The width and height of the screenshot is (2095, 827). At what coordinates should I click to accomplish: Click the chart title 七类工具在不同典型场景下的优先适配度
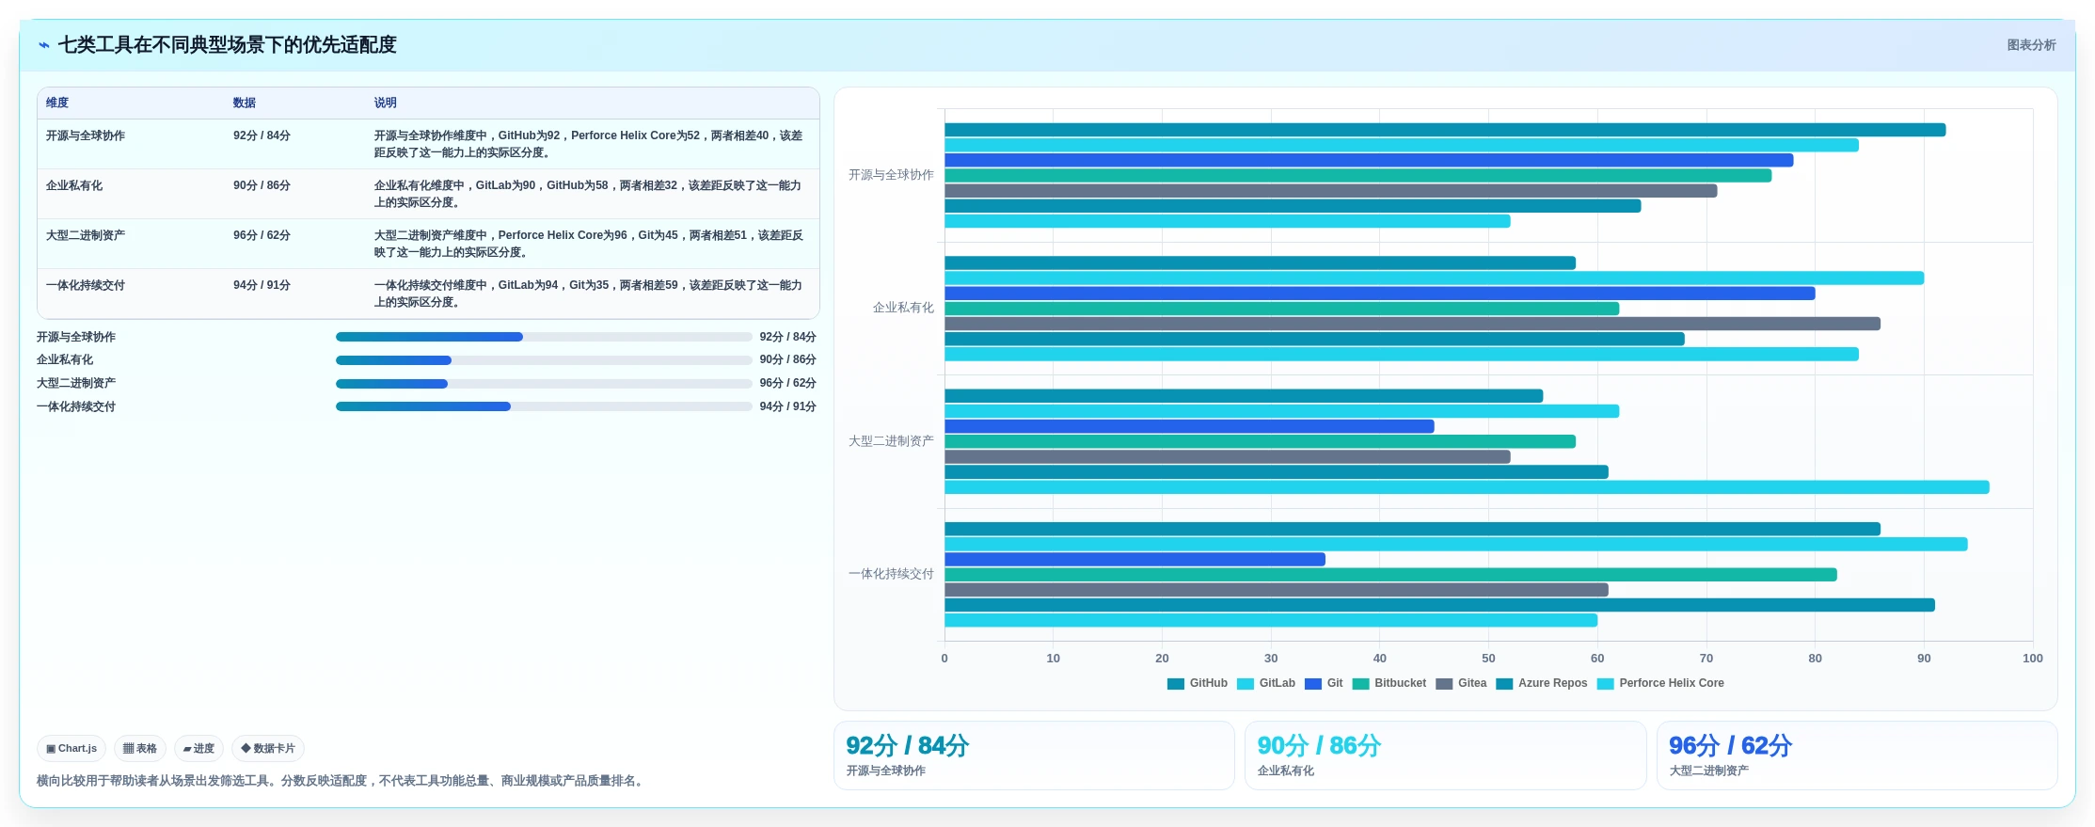227,45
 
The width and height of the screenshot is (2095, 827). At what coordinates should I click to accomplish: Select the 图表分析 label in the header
2031,45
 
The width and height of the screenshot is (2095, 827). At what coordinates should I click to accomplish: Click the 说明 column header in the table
385,103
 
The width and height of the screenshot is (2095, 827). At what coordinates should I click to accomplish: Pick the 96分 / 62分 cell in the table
262,235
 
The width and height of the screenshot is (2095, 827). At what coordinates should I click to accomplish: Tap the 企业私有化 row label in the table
74,185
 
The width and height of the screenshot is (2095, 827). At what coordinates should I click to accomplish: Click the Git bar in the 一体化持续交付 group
1135,560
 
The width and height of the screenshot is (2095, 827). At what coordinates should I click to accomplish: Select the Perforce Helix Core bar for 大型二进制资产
1467,487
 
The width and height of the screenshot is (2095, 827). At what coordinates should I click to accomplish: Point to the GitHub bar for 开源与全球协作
1445,130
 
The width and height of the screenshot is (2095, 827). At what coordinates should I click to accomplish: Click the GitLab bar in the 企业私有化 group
1434,278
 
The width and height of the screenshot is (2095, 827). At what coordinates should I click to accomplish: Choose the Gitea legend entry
1461,683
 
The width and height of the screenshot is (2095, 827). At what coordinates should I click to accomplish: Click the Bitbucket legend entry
1389,683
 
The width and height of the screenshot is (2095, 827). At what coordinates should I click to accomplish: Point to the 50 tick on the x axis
1488,659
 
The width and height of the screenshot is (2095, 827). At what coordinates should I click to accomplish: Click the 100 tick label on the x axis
2032,659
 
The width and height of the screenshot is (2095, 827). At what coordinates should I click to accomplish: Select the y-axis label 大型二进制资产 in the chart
891,441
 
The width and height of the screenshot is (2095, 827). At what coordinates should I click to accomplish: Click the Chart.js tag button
71,749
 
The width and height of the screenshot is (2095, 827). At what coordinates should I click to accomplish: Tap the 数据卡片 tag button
268,749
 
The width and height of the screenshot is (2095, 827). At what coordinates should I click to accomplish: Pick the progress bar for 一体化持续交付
544,406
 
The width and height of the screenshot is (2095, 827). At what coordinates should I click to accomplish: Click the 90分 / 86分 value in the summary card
1319,746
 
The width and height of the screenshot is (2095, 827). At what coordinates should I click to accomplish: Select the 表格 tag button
140,749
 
